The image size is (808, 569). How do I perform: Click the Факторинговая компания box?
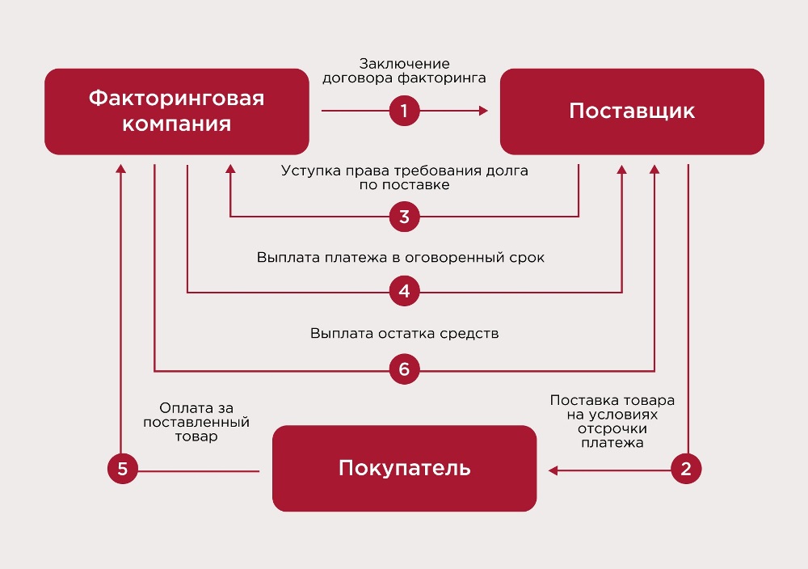[176, 112]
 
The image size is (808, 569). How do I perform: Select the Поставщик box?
[632, 112]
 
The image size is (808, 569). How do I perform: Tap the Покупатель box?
[404, 468]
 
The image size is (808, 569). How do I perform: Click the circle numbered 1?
[405, 111]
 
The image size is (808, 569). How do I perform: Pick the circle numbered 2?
[686, 469]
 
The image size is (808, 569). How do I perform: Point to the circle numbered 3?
[405, 217]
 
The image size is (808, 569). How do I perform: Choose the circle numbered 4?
[405, 291]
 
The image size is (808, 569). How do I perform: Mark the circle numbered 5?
[123, 469]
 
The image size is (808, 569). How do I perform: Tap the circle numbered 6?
[405, 371]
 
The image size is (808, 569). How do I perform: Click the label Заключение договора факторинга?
[405, 71]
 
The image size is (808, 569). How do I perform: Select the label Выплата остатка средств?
[405, 333]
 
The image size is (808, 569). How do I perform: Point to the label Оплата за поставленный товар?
[196, 422]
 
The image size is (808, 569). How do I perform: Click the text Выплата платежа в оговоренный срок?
[402, 259]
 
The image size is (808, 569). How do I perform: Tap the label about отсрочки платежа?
[612, 421]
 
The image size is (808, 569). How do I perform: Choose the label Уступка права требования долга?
[405, 178]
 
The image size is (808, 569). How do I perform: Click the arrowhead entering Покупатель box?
[553, 469]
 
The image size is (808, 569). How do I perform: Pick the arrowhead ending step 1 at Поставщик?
[484, 111]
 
